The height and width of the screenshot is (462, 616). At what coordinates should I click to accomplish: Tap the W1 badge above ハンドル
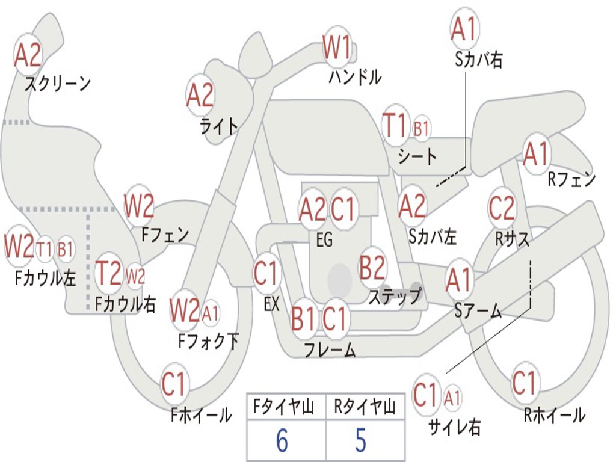pos(337,48)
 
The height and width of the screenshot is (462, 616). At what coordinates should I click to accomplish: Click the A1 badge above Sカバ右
pos(464,29)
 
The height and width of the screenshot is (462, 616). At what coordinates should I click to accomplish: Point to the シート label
pos(417,157)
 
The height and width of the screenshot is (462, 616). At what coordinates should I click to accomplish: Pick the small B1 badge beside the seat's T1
pos(422,128)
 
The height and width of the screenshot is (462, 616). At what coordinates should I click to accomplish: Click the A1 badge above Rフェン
pos(536,155)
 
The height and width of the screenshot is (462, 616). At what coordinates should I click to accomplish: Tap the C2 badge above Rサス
pos(502,208)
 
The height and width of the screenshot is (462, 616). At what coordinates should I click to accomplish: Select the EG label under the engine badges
pos(324,240)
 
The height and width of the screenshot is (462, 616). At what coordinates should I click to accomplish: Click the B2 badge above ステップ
pos(372,268)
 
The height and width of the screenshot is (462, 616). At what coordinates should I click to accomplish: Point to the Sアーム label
pos(478,310)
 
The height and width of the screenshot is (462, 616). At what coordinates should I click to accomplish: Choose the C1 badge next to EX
pos(266,274)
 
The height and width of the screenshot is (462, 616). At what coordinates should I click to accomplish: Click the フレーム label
pos(330,350)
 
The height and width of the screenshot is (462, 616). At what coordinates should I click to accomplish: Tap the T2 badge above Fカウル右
pos(109,274)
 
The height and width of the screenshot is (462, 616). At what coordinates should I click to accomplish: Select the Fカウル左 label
pos(46,277)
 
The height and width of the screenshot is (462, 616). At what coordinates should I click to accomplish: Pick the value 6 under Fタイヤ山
pos(282,441)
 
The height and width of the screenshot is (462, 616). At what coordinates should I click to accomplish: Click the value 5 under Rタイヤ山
pos(360,441)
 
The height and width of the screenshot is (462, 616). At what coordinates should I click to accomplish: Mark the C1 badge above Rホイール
pos(524,383)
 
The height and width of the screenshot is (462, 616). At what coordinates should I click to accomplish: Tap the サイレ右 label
pos(454,427)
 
